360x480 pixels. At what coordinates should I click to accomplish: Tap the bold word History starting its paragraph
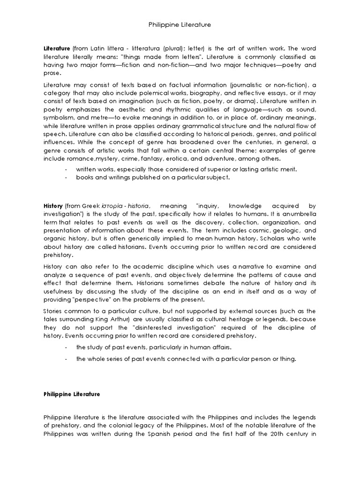[52, 205]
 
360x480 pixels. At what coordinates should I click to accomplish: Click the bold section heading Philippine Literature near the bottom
[72, 395]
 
